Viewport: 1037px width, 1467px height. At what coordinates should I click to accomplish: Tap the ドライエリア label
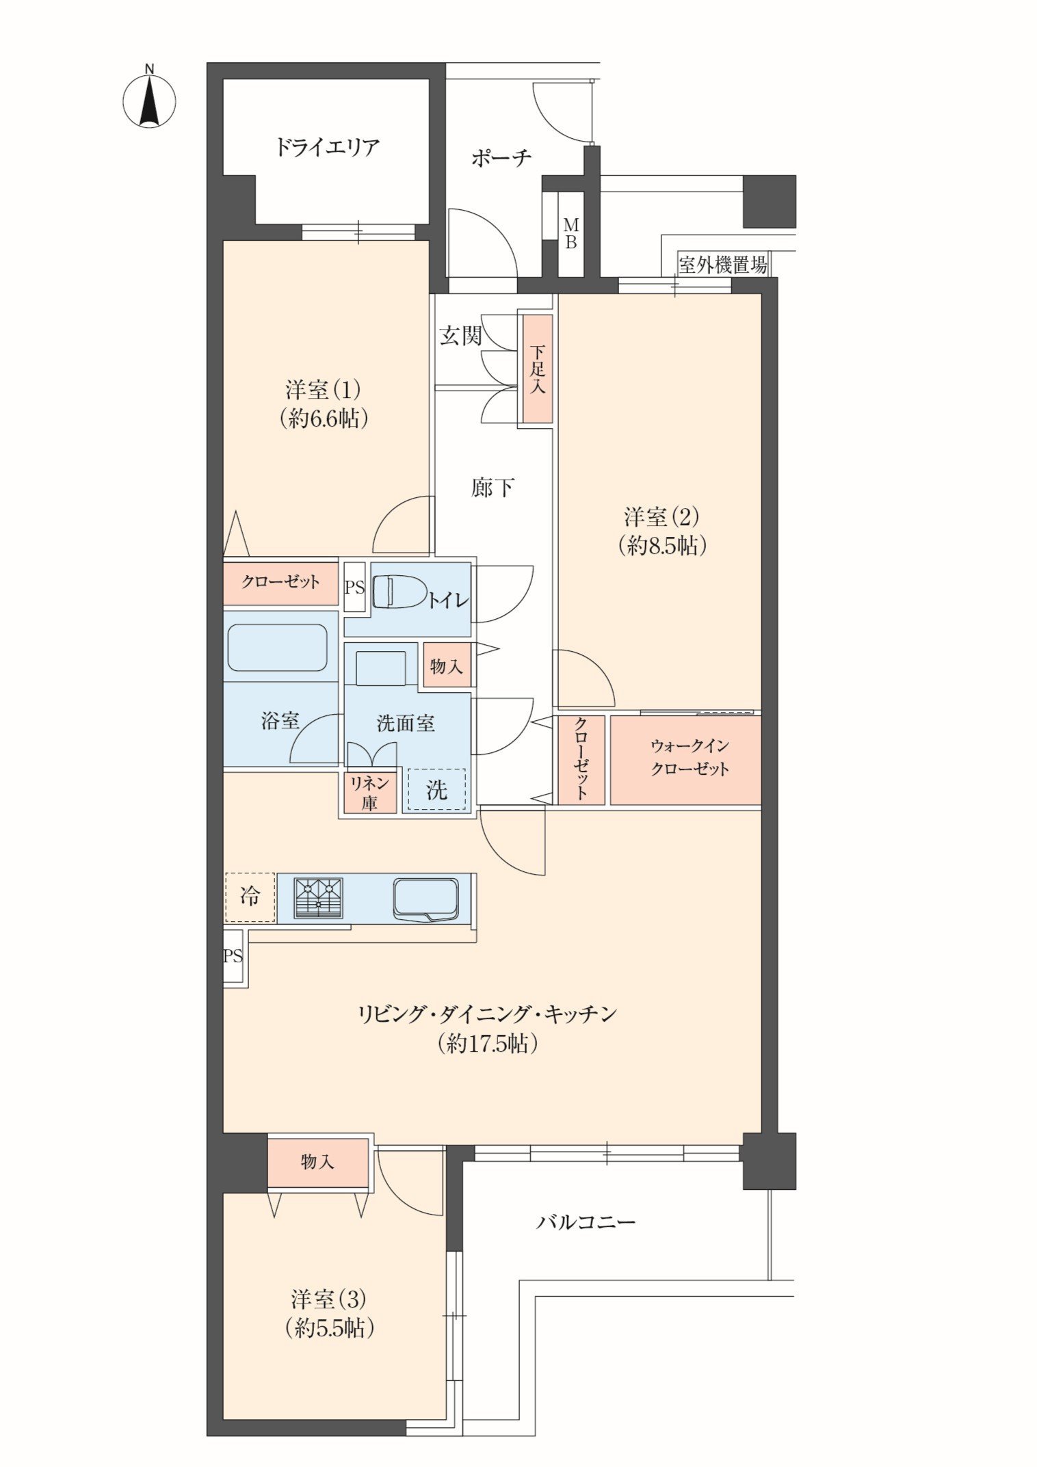tap(328, 147)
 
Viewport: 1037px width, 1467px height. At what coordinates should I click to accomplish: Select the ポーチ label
tap(501, 158)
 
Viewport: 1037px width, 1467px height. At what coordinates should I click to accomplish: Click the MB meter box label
tap(570, 233)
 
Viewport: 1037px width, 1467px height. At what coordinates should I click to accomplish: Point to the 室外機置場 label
tap(722, 265)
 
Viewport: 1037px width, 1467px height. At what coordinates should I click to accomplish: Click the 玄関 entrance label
tap(460, 335)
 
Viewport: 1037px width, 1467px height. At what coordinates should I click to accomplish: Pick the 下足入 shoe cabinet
tap(538, 369)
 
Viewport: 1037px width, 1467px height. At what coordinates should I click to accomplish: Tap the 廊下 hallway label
tap(492, 488)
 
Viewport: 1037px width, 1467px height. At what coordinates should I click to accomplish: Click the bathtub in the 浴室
tap(278, 647)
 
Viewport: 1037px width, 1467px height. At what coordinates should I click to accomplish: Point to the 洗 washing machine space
tap(436, 789)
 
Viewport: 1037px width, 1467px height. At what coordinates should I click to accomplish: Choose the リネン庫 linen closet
tap(370, 792)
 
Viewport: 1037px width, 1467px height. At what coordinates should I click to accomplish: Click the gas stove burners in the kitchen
tap(318, 897)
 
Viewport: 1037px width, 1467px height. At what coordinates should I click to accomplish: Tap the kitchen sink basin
tap(425, 899)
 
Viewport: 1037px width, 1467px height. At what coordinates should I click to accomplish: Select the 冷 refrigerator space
tap(250, 897)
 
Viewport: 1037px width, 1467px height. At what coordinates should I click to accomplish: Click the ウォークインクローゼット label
tap(690, 757)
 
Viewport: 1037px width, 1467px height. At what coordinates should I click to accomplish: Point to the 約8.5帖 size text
tap(662, 545)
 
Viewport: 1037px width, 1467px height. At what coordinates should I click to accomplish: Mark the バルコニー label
tap(586, 1221)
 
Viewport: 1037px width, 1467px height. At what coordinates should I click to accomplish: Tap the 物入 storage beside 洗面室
tap(447, 665)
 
